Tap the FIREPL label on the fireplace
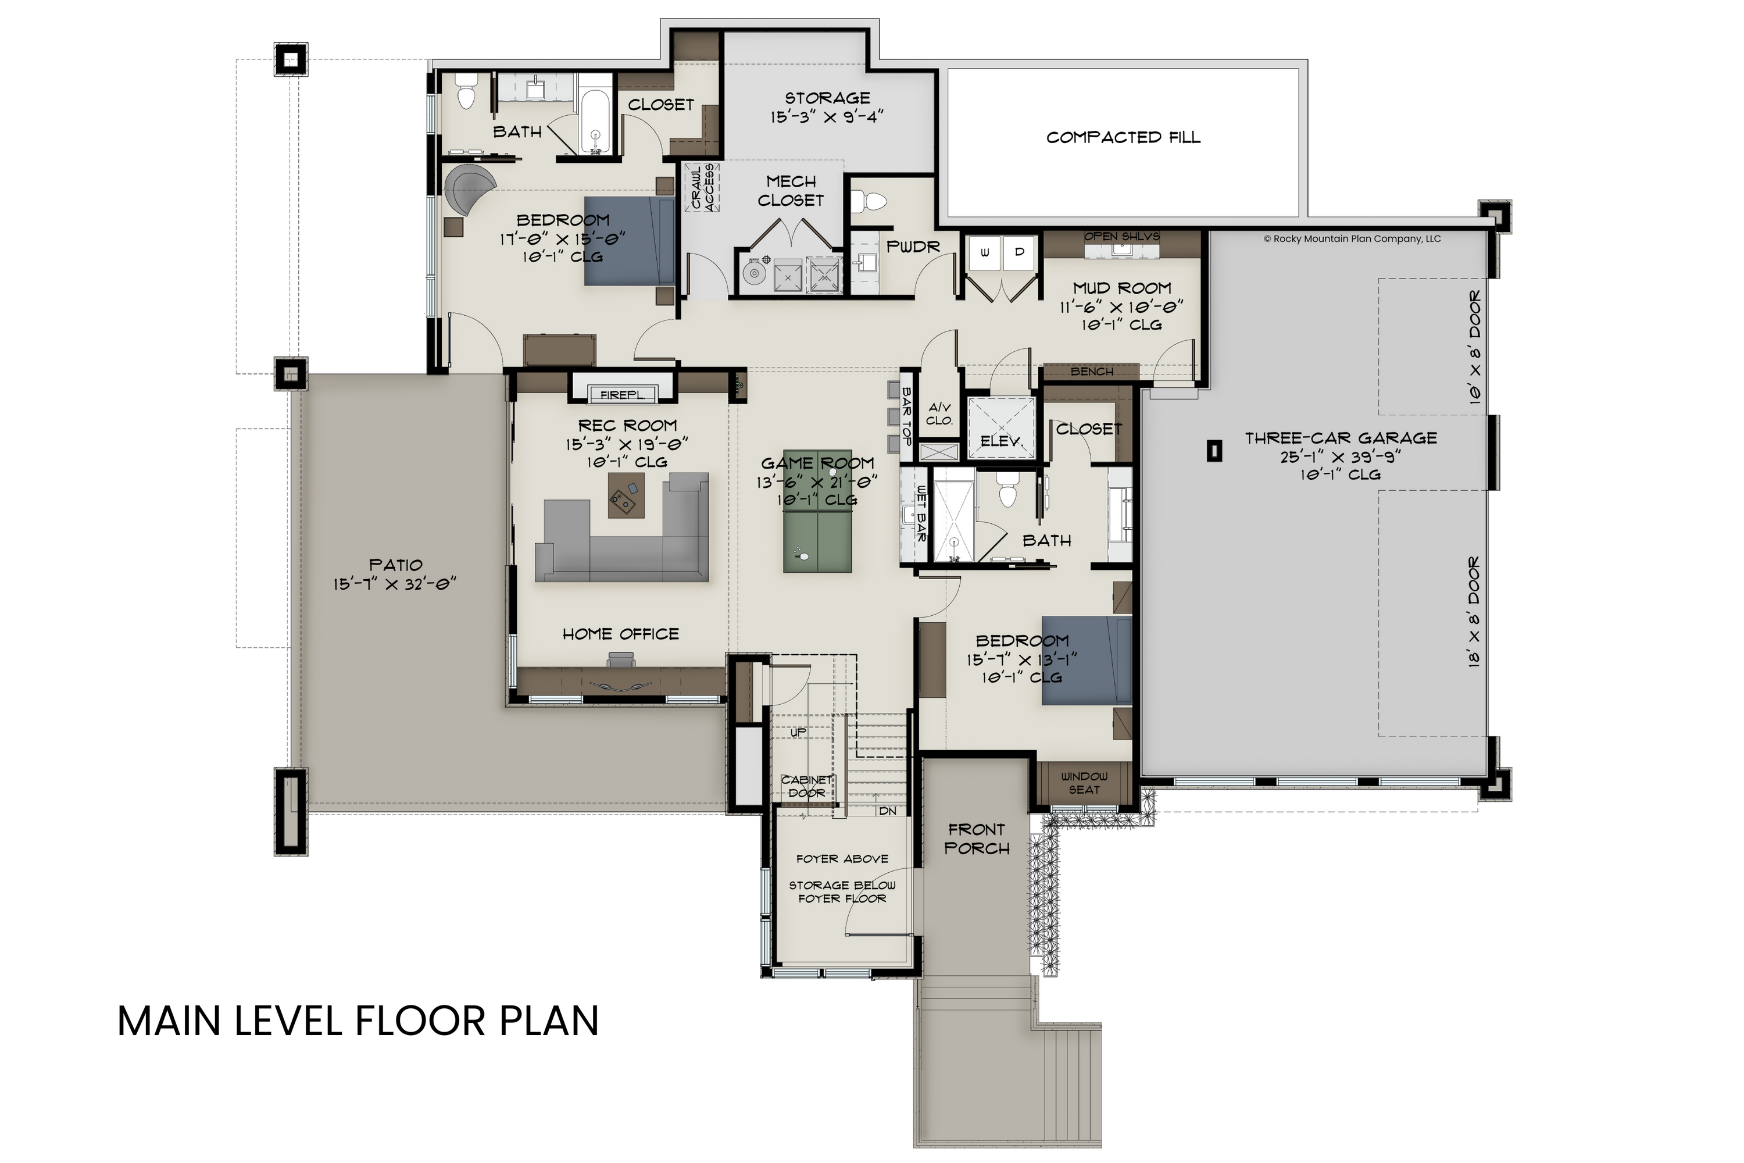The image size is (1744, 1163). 621,395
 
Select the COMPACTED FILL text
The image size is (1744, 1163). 1123,137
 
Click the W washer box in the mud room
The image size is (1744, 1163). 985,252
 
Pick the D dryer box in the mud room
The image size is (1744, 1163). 1020,252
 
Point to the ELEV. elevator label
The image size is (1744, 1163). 1000,441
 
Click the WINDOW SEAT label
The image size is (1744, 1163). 1084,783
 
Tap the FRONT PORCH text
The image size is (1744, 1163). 977,839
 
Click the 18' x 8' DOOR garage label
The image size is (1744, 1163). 1475,612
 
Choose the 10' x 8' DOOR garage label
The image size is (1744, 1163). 1475,347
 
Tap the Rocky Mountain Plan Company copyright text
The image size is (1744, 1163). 1351,239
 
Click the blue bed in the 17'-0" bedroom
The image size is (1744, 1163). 629,241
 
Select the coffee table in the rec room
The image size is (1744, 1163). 625,496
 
